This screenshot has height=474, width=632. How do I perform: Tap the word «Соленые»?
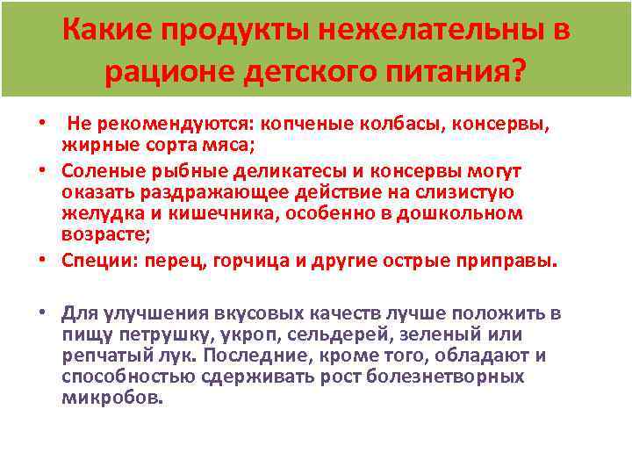(x=101, y=169)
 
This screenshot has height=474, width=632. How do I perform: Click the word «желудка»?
(x=97, y=213)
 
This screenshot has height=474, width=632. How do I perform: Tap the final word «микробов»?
(x=112, y=397)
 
